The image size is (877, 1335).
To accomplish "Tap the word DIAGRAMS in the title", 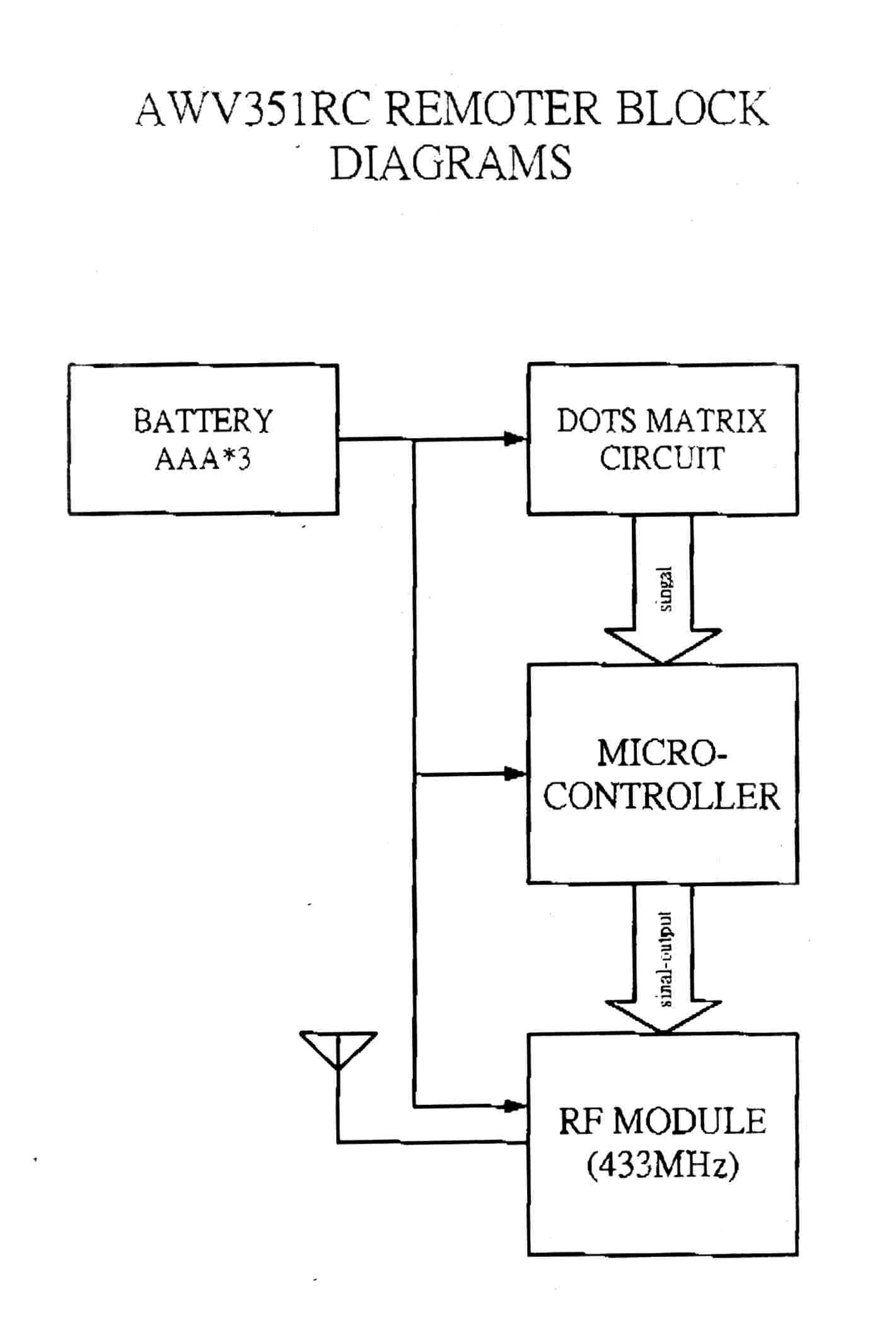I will click(451, 163).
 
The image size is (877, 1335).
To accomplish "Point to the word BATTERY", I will click(203, 421).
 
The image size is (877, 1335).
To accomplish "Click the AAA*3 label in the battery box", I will click(203, 459).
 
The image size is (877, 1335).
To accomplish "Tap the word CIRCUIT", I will click(662, 458).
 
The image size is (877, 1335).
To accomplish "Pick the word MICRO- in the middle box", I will click(662, 753).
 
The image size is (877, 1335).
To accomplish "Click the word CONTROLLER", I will click(662, 797).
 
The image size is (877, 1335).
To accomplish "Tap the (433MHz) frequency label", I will click(662, 1165).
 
